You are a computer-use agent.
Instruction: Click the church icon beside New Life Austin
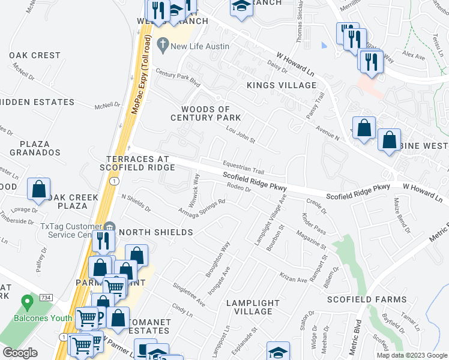[x=161, y=44]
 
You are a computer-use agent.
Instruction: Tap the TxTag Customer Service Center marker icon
[x=109, y=226]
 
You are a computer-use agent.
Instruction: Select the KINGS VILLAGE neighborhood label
[x=282, y=86]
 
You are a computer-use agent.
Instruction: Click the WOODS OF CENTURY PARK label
[x=206, y=113]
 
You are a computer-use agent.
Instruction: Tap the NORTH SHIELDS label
[x=155, y=232]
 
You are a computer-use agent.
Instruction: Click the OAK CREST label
[x=35, y=55]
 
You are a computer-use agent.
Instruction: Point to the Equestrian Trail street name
[x=243, y=166]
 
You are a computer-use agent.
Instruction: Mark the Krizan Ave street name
[x=294, y=276]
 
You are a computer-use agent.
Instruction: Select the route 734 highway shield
[x=46, y=298]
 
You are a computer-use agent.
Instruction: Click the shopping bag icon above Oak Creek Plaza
[x=39, y=188]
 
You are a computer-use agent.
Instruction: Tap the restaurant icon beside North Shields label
[x=104, y=241]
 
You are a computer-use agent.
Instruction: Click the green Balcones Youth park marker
[x=27, y=301]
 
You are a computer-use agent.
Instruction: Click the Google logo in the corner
[x=20, y=353]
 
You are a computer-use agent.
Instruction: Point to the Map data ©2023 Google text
[x=411, y=355]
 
